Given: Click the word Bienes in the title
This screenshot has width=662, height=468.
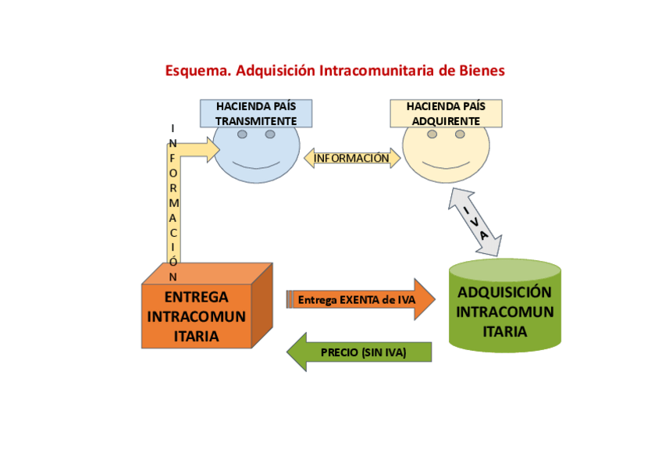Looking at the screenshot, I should tap(481, 71).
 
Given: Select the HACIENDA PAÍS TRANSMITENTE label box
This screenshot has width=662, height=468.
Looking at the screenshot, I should tap(256, 113).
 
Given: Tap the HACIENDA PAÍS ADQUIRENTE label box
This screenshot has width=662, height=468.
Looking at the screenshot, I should tap(446, 113).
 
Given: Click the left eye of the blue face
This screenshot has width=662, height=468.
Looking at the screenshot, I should tap(243, 134).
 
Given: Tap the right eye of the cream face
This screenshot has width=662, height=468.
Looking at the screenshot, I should tap(460, 134).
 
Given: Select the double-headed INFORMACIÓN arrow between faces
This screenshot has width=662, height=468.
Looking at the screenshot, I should tap(351, 159).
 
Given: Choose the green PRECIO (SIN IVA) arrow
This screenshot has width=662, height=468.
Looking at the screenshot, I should tap(359, 352).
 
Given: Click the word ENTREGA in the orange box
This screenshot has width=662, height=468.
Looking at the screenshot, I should tap(197, 298).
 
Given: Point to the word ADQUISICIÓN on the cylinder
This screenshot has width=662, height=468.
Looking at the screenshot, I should tap(504, 293).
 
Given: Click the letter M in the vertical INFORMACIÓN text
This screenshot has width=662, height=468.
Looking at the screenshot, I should tap(173, 202).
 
